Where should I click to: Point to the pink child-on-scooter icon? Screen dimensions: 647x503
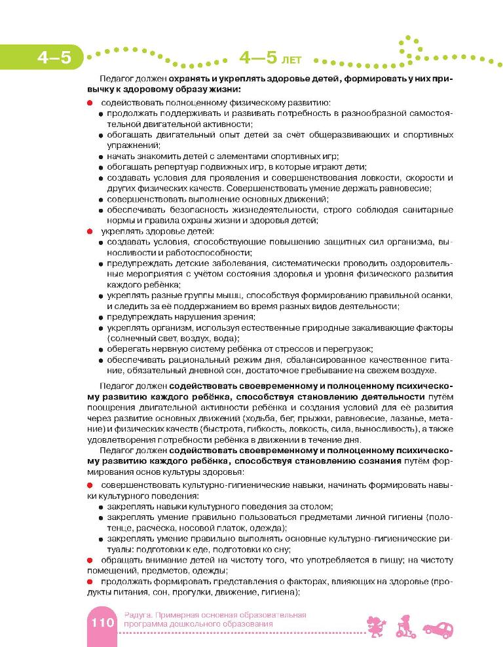click(x=404, y=625)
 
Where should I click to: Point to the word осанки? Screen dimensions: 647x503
click(x=436, y=295)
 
